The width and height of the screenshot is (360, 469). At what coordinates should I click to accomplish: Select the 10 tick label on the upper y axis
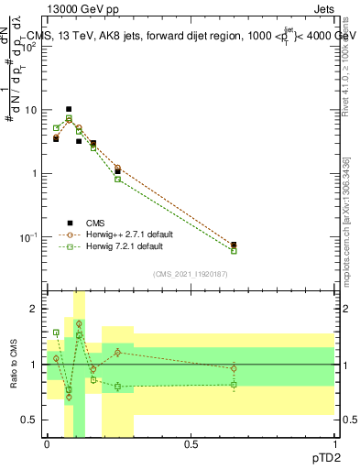click(34, 110)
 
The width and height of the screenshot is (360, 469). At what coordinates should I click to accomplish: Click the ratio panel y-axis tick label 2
click(38, 309)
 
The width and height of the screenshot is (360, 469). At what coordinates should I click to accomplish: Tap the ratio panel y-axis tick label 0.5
click(33, 420)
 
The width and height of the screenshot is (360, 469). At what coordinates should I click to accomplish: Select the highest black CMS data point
click(69, 109)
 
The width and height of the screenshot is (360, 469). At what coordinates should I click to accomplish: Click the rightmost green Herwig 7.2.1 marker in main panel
click(234, 250)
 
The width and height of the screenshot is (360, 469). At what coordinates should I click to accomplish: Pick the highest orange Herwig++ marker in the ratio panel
click(79, 323)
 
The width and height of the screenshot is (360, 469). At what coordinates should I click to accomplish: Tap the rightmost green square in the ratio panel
click(234, 384)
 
